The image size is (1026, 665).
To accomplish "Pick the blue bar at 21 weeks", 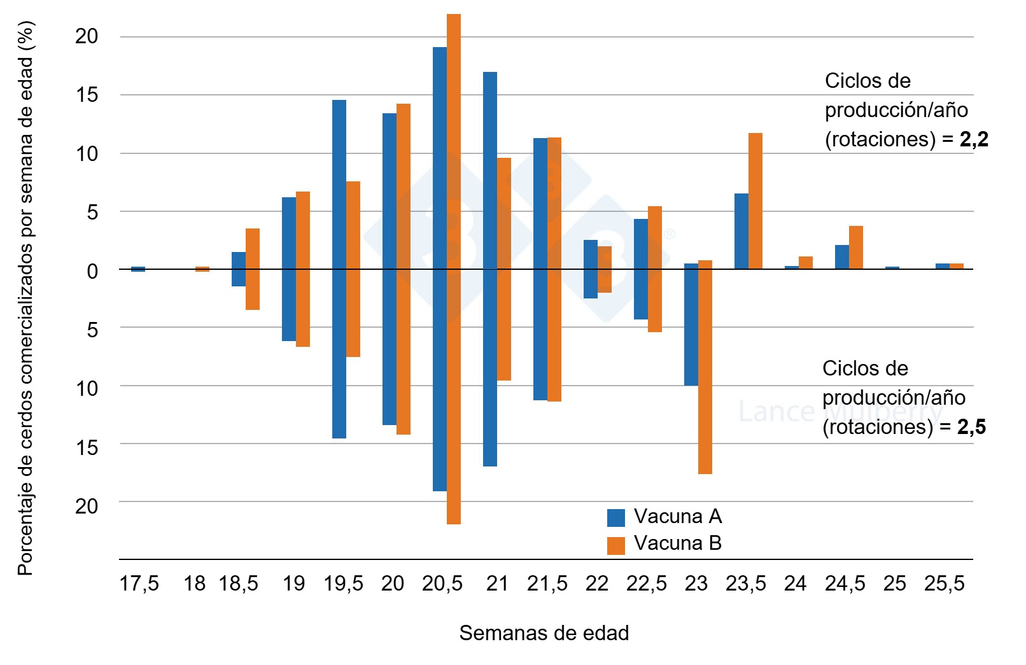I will coord(489,269).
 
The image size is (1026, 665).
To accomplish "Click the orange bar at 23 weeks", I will coord(705,367).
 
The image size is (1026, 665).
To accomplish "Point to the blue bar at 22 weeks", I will coord(590,269).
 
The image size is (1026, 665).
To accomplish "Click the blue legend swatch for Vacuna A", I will coord(615,517).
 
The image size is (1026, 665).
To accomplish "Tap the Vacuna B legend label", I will coord(677,543).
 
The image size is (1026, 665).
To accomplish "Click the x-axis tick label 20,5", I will coord(442,584).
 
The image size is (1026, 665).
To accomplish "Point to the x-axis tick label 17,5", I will coord(139,584).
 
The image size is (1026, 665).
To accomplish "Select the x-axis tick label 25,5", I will coord(944,584).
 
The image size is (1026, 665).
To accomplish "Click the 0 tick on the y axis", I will coord(92,271).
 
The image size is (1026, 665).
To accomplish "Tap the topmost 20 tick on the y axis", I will coord(87,36).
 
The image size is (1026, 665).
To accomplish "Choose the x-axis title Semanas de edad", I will coord(544,633).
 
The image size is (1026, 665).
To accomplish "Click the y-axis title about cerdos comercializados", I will coord(25,299).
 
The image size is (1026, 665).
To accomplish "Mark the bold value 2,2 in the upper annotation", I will coord(974,139).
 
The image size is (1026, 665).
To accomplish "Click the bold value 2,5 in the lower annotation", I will coord(971,427).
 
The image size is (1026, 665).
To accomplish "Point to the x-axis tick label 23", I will coord(696,584).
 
